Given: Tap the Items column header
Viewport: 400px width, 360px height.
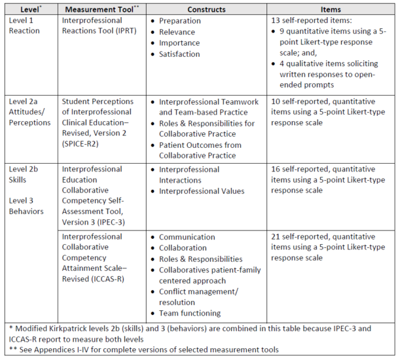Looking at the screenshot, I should (x=331, y=9).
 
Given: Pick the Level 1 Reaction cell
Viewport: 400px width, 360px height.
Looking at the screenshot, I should (x=24, y=26).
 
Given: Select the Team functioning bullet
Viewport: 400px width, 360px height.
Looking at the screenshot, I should (x=191, y=313).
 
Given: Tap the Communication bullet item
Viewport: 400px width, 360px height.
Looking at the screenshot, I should (x=187, y=237).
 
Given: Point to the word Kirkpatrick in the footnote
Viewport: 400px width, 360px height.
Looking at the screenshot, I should (x=71, y=328).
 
